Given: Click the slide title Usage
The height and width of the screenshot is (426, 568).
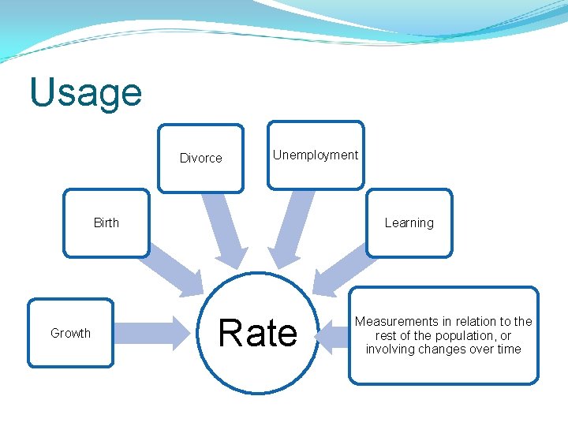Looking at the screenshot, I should click(85, 92).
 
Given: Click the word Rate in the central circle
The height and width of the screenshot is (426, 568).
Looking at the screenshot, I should click(258, 333).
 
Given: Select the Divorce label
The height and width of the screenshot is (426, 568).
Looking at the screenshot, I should click(201, 158).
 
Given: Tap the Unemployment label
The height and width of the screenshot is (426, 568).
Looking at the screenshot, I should click(315, 155).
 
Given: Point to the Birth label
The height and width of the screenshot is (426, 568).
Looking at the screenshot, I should click(106, 222).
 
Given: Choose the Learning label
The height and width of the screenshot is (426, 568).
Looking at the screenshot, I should click(409, 222).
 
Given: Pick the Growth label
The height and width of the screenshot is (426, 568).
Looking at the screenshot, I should click(70, 333).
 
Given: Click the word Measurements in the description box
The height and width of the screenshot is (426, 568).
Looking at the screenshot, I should click(396, 321).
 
